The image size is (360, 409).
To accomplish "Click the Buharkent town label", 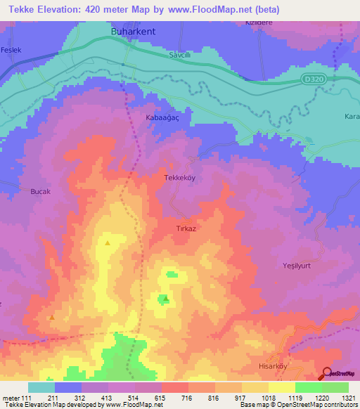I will tap(133, 32).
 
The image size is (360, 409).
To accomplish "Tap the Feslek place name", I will tap(12, 51).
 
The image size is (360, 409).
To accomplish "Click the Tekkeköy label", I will tap(179, 178).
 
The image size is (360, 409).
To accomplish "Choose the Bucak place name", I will tap(41, 191).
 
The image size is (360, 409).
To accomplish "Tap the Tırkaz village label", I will tap(186, 229).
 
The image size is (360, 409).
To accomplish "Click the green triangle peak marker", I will tap(165, 298).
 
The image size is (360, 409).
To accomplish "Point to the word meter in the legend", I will tap(11, 398).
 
